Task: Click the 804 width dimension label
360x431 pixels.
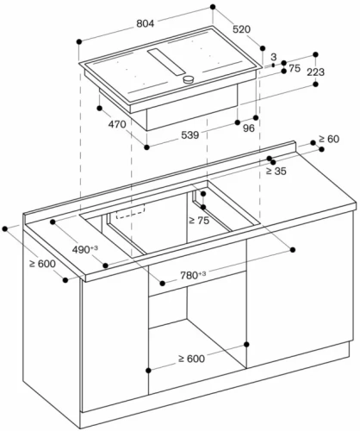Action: pos(145,25)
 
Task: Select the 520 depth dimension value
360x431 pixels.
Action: pos(240,30)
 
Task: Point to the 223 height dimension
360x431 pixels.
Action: pos(316,73)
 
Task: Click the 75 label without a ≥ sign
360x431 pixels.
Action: pos(295,67)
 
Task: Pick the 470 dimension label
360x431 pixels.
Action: pos(116,125)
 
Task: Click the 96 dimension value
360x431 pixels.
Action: pos(250,130)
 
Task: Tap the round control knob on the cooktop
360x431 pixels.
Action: pos(187,80)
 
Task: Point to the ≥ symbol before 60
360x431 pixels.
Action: pos(321,139)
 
